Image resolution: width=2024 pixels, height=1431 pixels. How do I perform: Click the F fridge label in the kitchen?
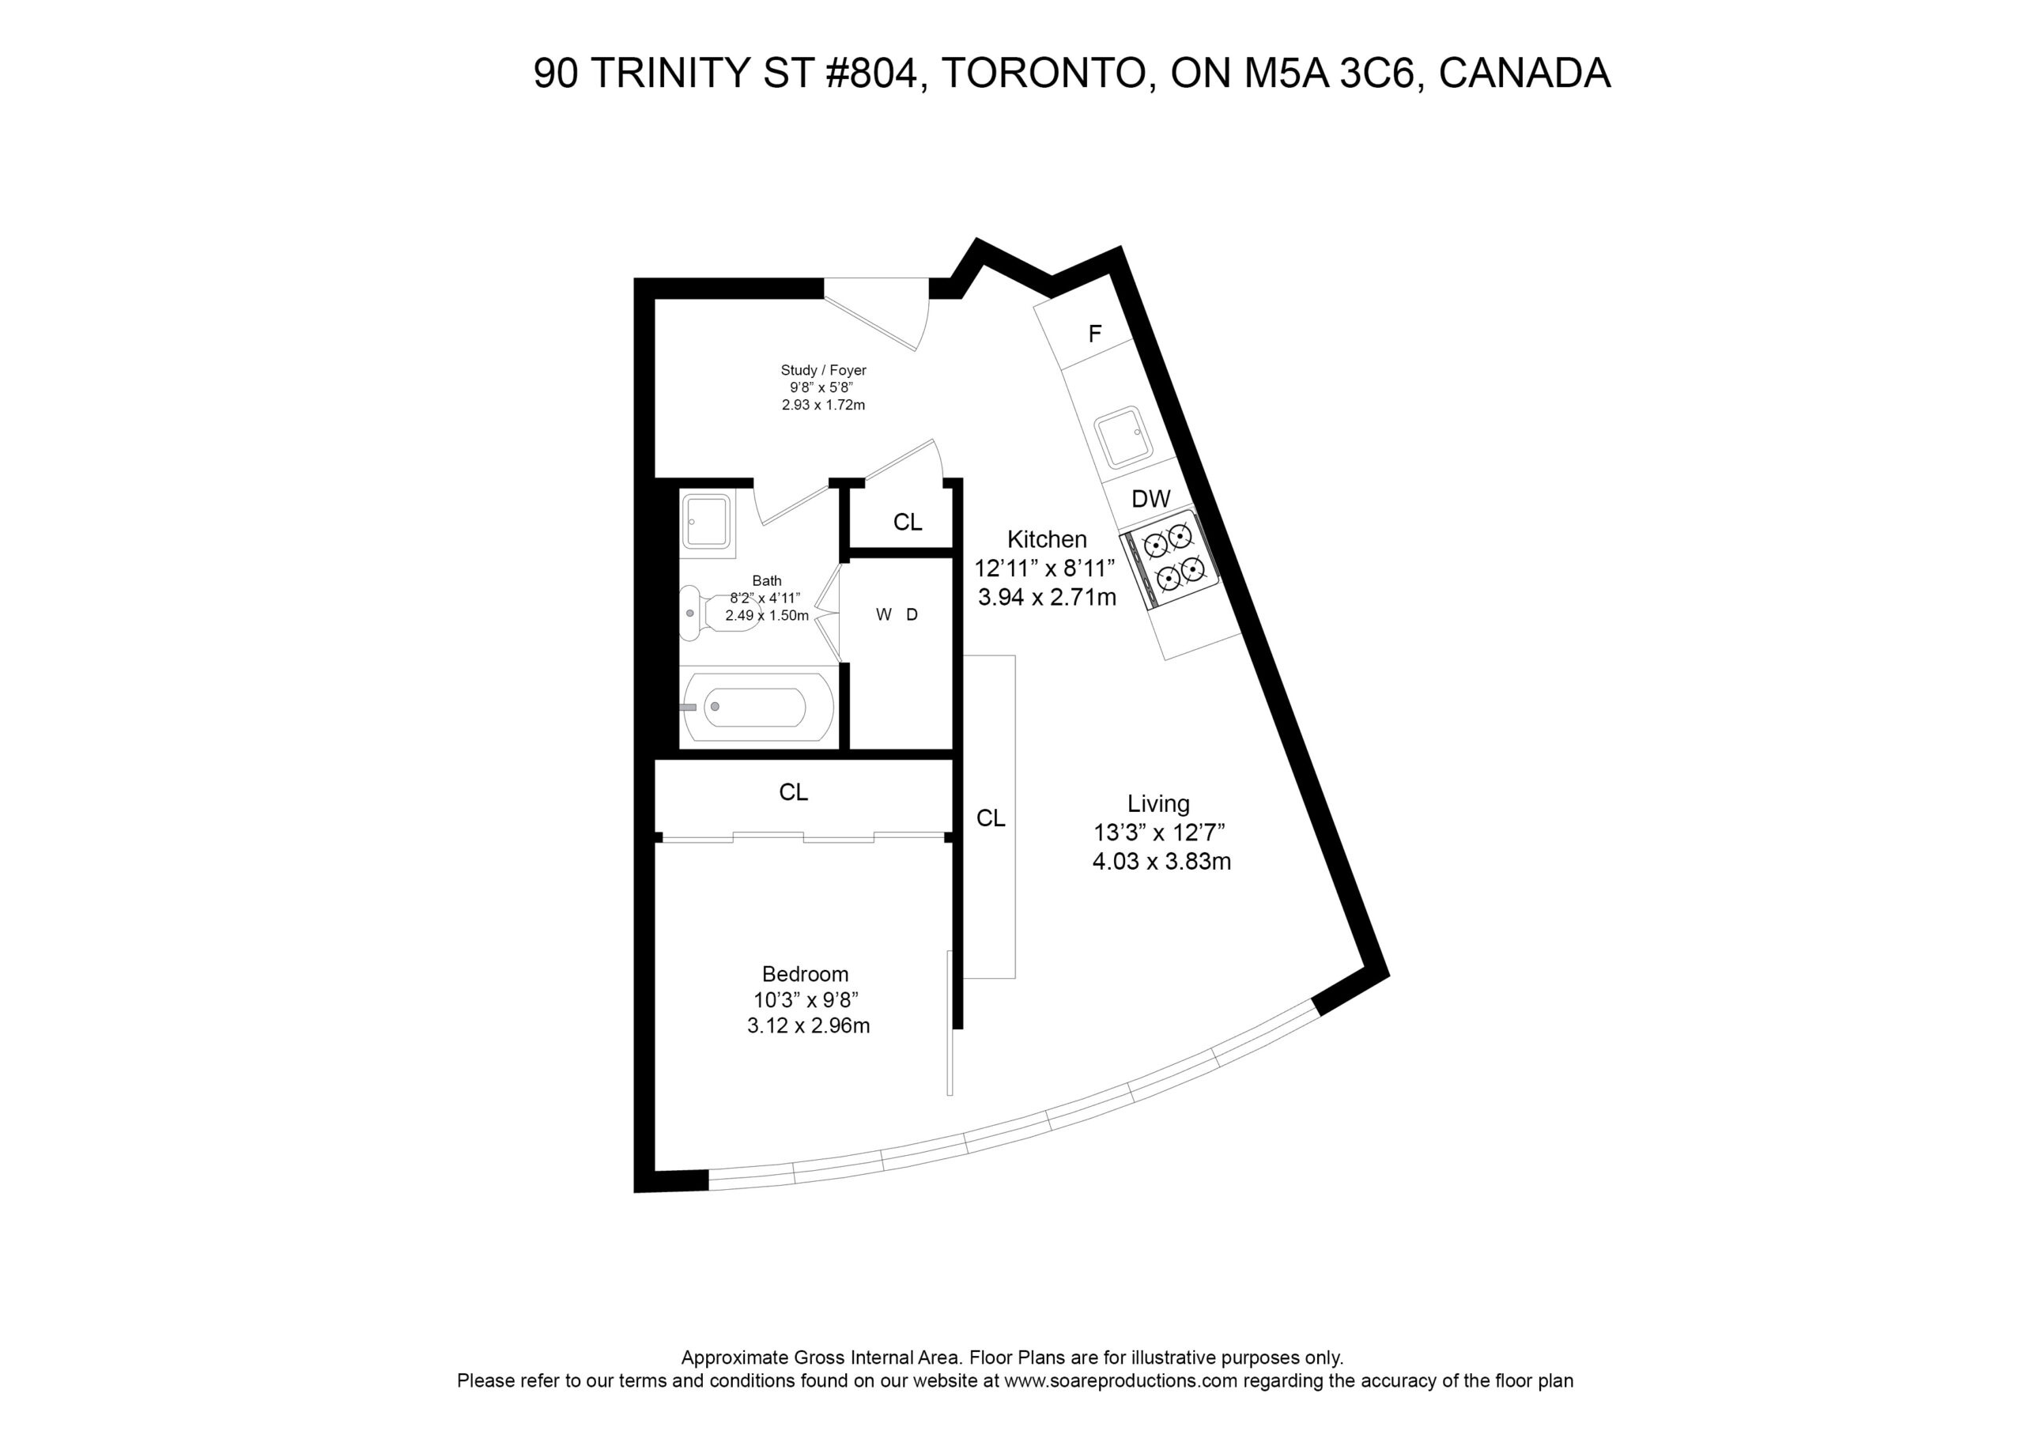pos(1095,334)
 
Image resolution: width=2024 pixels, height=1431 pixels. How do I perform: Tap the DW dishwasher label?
pos(1151,499)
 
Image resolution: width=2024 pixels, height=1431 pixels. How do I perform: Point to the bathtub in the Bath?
pos(758,707)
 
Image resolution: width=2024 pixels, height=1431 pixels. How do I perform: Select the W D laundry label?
pos(897,614)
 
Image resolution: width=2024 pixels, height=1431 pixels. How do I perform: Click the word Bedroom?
pos(805,974)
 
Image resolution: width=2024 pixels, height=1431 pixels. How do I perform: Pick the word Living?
pos(1158,804)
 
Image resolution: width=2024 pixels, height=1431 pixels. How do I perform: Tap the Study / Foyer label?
pos(823,370)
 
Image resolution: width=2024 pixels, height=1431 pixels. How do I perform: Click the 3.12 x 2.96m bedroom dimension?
pos(808,1025)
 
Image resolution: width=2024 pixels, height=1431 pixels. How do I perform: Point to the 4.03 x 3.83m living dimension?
pos(1162,862)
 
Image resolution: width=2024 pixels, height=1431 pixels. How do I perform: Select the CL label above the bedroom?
pos(793,793)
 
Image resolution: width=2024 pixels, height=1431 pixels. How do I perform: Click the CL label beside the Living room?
pos(991,819)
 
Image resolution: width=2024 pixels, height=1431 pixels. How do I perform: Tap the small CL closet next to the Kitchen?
pos(907,523)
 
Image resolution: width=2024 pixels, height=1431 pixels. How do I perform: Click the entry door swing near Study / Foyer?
pos(876,314)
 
